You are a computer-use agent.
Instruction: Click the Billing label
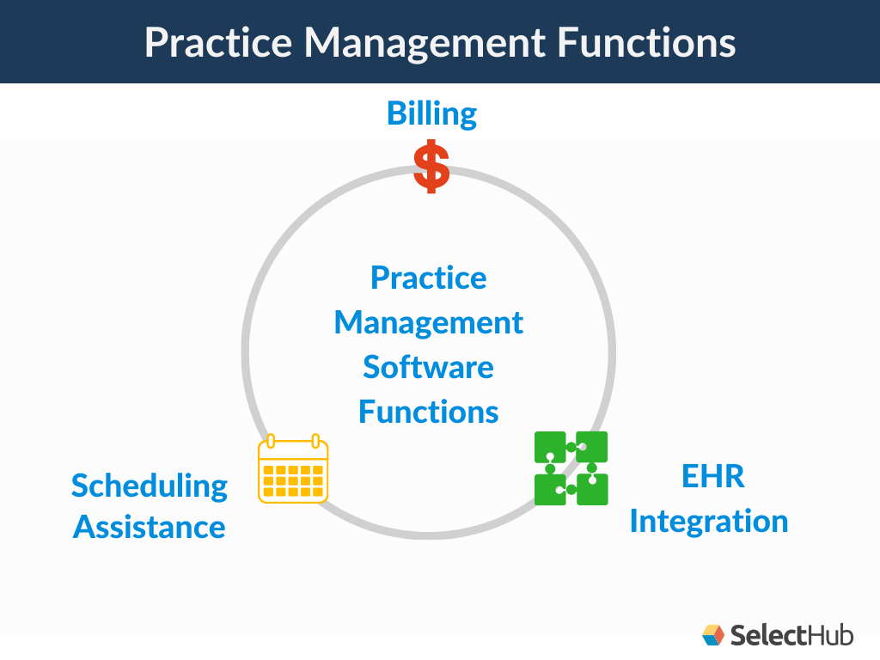click(431, 113)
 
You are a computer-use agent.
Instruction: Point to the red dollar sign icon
click(431, 167)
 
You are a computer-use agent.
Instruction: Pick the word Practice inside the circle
click(428, 278)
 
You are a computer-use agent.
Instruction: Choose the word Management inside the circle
click(428, 323)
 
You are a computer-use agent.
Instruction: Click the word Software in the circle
click(428, 368)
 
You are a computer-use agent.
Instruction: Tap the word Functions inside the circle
click(428, 412)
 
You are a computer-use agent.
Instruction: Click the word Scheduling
click(150, 486)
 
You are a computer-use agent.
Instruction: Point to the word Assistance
click(150, 527)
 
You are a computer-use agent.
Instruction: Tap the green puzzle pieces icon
click(571, 468)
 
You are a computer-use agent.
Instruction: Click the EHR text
click(712, 477)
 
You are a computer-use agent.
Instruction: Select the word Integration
click(709, 522)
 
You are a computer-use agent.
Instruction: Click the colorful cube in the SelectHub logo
click(713, 635)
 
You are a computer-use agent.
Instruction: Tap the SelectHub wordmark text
click(791, 635)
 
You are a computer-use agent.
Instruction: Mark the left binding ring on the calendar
click(272, 442)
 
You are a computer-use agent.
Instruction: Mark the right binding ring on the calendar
click(315, 442)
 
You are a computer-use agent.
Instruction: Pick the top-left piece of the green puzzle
click(550, 448)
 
